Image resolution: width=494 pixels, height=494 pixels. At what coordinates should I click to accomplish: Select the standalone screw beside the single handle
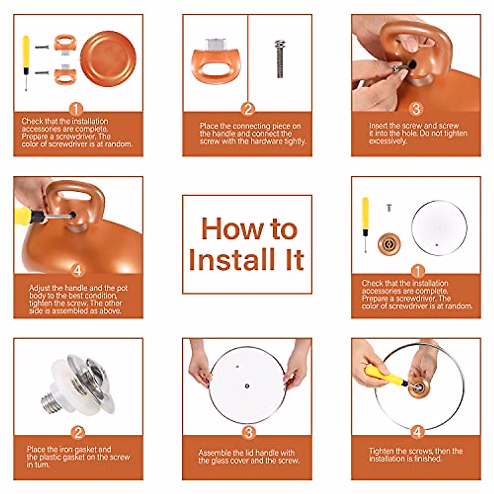tap(280, 59)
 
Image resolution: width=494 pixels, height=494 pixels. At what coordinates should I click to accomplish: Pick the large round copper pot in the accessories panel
tap(108, 59)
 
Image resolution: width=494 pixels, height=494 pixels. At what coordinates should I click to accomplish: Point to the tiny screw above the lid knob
tap(389, 207)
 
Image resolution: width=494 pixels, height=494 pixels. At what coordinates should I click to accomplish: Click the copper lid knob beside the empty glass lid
tap(389, 244)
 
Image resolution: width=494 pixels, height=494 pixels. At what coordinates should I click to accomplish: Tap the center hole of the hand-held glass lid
tap(247, 386)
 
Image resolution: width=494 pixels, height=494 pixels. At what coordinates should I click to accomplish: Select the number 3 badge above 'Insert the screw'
tap(416, 109)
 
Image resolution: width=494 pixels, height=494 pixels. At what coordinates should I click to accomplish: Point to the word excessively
tap(388, 141)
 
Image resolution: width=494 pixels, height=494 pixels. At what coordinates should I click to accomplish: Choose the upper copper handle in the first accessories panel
tap(65, 42)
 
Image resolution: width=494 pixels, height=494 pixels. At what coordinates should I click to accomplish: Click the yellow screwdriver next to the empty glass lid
tap(365, 225)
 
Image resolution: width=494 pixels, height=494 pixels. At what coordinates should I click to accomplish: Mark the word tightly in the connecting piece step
tap(296, 141)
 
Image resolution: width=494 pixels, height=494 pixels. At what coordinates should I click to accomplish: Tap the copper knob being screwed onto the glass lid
tap(420, 388)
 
